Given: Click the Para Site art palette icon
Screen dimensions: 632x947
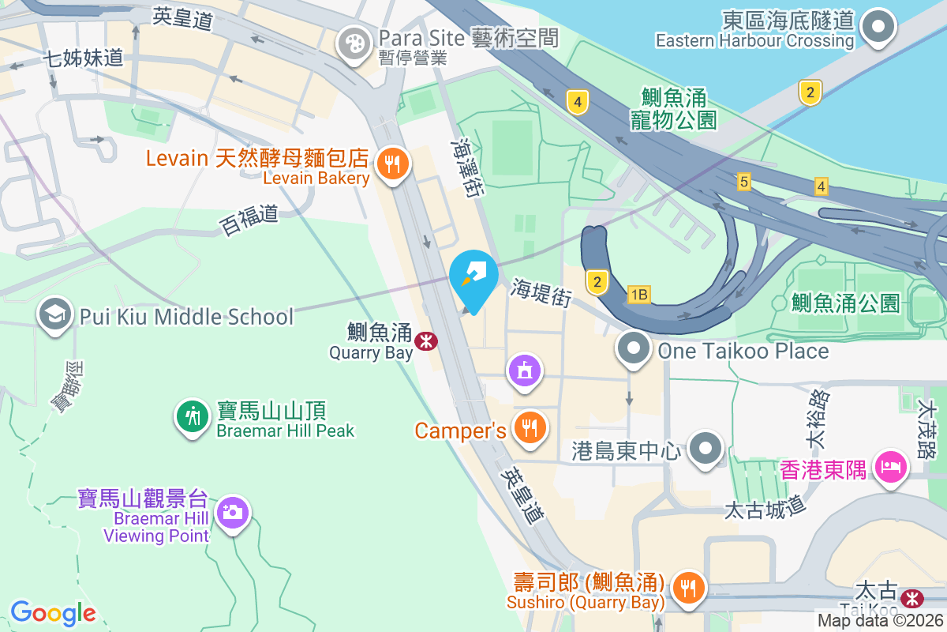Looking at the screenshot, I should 354,43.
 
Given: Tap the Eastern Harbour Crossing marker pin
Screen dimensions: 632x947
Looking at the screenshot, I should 877,28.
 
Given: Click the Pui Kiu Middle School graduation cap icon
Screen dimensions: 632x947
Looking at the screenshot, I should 54,315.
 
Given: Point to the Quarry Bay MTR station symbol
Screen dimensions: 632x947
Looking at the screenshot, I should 426,340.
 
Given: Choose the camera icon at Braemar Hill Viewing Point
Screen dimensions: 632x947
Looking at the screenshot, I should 232,513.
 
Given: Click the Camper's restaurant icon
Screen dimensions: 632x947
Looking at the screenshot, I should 527,428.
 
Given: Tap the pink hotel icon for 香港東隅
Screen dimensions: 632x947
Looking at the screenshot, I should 891,467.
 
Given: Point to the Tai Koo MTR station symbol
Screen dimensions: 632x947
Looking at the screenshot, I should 913,596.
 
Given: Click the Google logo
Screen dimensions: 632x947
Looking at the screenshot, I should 53,613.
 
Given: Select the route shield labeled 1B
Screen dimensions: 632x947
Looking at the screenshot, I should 639,295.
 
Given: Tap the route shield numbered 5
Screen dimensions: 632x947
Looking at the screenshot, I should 743,182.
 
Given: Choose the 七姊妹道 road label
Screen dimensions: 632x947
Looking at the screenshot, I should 84,57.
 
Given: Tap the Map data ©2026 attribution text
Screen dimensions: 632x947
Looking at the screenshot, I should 879,620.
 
